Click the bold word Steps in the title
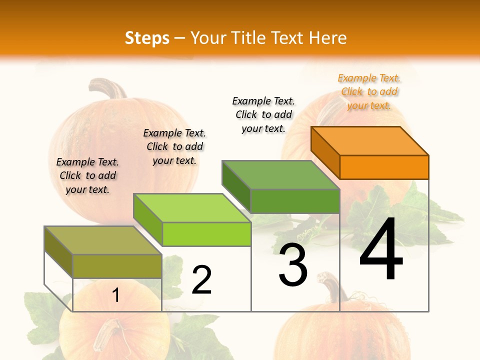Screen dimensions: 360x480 (x=147, y=38)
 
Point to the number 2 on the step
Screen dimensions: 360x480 (x=202, y=280)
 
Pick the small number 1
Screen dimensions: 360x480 (x=116, y=295)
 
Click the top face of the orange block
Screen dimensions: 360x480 (x=369, y=140)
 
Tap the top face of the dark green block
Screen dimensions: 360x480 (x=280, y=174)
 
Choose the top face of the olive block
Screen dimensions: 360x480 (x=103, y=240)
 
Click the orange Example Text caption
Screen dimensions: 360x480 (x=369, y=91)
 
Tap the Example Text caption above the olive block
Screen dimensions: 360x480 (x=87, y=175)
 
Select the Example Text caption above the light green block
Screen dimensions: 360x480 (x=174, y=146)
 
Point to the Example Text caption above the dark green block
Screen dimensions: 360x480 (x=263, y=114)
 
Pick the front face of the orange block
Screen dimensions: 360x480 (x=384, y=167)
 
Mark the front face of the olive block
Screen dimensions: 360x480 (x=117, y=266)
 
